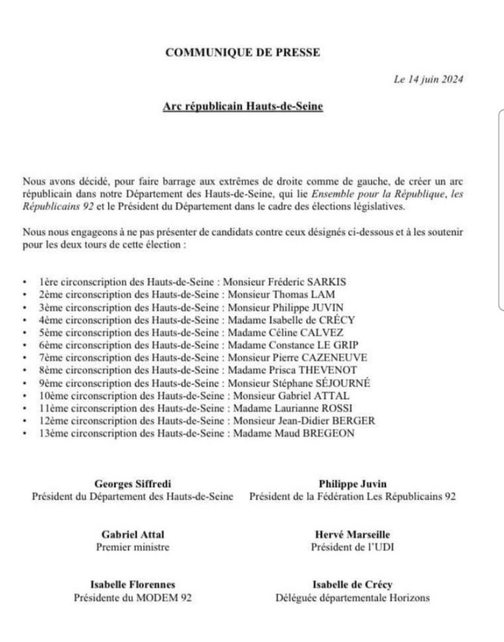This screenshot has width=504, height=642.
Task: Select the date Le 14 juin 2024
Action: pos(428,80)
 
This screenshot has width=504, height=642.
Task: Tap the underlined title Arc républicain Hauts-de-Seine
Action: pos(243,106)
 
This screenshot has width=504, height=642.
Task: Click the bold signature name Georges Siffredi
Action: pos(133,484)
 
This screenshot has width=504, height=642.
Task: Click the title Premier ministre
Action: pos(133,547)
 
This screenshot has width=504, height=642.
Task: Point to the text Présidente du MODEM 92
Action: pos(133,598)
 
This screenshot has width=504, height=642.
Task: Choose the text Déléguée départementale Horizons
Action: pos(352,598)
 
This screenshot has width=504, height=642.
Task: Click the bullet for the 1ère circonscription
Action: pos(25,281)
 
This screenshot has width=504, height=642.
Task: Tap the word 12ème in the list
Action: pos(53,422)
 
